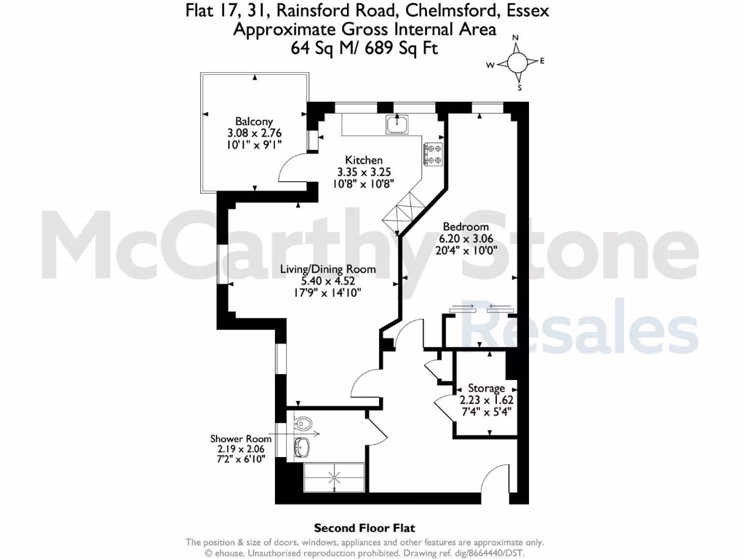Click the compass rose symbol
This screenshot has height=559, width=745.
[x=517, y=63]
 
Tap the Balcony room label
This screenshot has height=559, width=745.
[x=254, y=122]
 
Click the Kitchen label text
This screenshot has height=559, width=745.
[x=364, y=160]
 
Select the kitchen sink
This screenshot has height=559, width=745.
[x=397, y=126]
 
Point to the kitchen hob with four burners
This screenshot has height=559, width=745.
[x=434, y=153]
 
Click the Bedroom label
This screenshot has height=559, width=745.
[x=465, y=227]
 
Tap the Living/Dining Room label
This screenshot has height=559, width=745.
[x=328, y=269]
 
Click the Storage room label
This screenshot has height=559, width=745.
[x=486, y=388]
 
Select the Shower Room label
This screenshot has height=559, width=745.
[x=241, y=439]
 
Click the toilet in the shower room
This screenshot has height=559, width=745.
[x=303, y=423]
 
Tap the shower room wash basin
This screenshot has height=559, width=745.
[x=303, y=445]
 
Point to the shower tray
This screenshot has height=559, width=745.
[x=334, y=477]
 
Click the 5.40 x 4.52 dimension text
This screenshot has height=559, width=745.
[x=328, y=280]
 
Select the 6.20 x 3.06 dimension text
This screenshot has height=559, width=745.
[x=465, y=239]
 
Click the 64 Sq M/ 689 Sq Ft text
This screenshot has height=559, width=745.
[x=365, y=47]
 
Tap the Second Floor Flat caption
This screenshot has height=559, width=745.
[x=364, y=528]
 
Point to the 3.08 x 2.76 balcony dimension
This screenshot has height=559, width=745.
[x=254, y=133]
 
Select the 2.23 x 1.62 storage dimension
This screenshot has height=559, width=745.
[x=486, y=400]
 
